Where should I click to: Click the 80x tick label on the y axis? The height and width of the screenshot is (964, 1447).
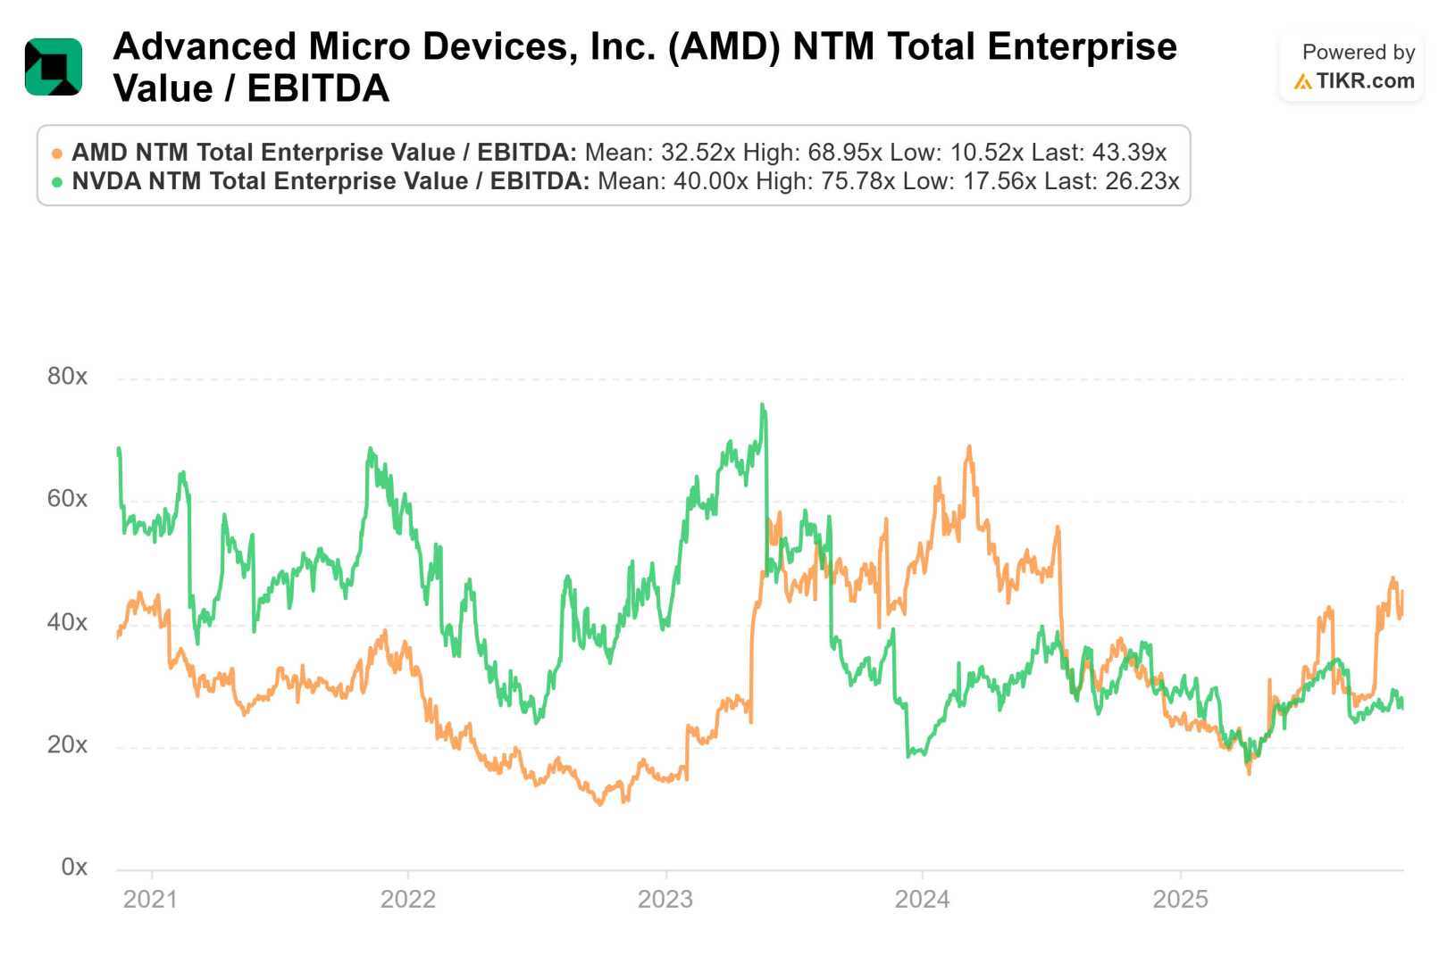67,377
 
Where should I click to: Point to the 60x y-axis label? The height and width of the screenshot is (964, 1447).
67,499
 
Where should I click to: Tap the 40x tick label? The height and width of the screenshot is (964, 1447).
67,622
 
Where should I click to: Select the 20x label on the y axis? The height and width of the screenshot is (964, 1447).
67,744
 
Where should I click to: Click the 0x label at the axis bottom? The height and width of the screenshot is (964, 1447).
74,867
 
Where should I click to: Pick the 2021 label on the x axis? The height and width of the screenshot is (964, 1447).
150,899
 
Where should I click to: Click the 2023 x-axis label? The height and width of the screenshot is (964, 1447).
665,899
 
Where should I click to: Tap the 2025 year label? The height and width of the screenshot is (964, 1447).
1180,899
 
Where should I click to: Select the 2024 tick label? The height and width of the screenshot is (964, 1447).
922,899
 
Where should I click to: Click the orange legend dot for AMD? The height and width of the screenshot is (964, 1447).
57,154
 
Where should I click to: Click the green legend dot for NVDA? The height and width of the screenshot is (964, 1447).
57,182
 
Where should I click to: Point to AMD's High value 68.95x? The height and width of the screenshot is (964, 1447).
845,153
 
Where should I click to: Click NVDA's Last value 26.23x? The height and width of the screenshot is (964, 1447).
1142,181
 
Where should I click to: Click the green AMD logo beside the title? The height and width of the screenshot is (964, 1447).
54,67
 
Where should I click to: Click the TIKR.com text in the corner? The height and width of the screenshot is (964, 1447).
1365,81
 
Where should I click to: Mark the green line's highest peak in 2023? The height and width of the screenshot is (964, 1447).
763,405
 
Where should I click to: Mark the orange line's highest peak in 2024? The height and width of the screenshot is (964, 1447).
969,447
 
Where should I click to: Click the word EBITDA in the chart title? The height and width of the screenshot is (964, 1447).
318,88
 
